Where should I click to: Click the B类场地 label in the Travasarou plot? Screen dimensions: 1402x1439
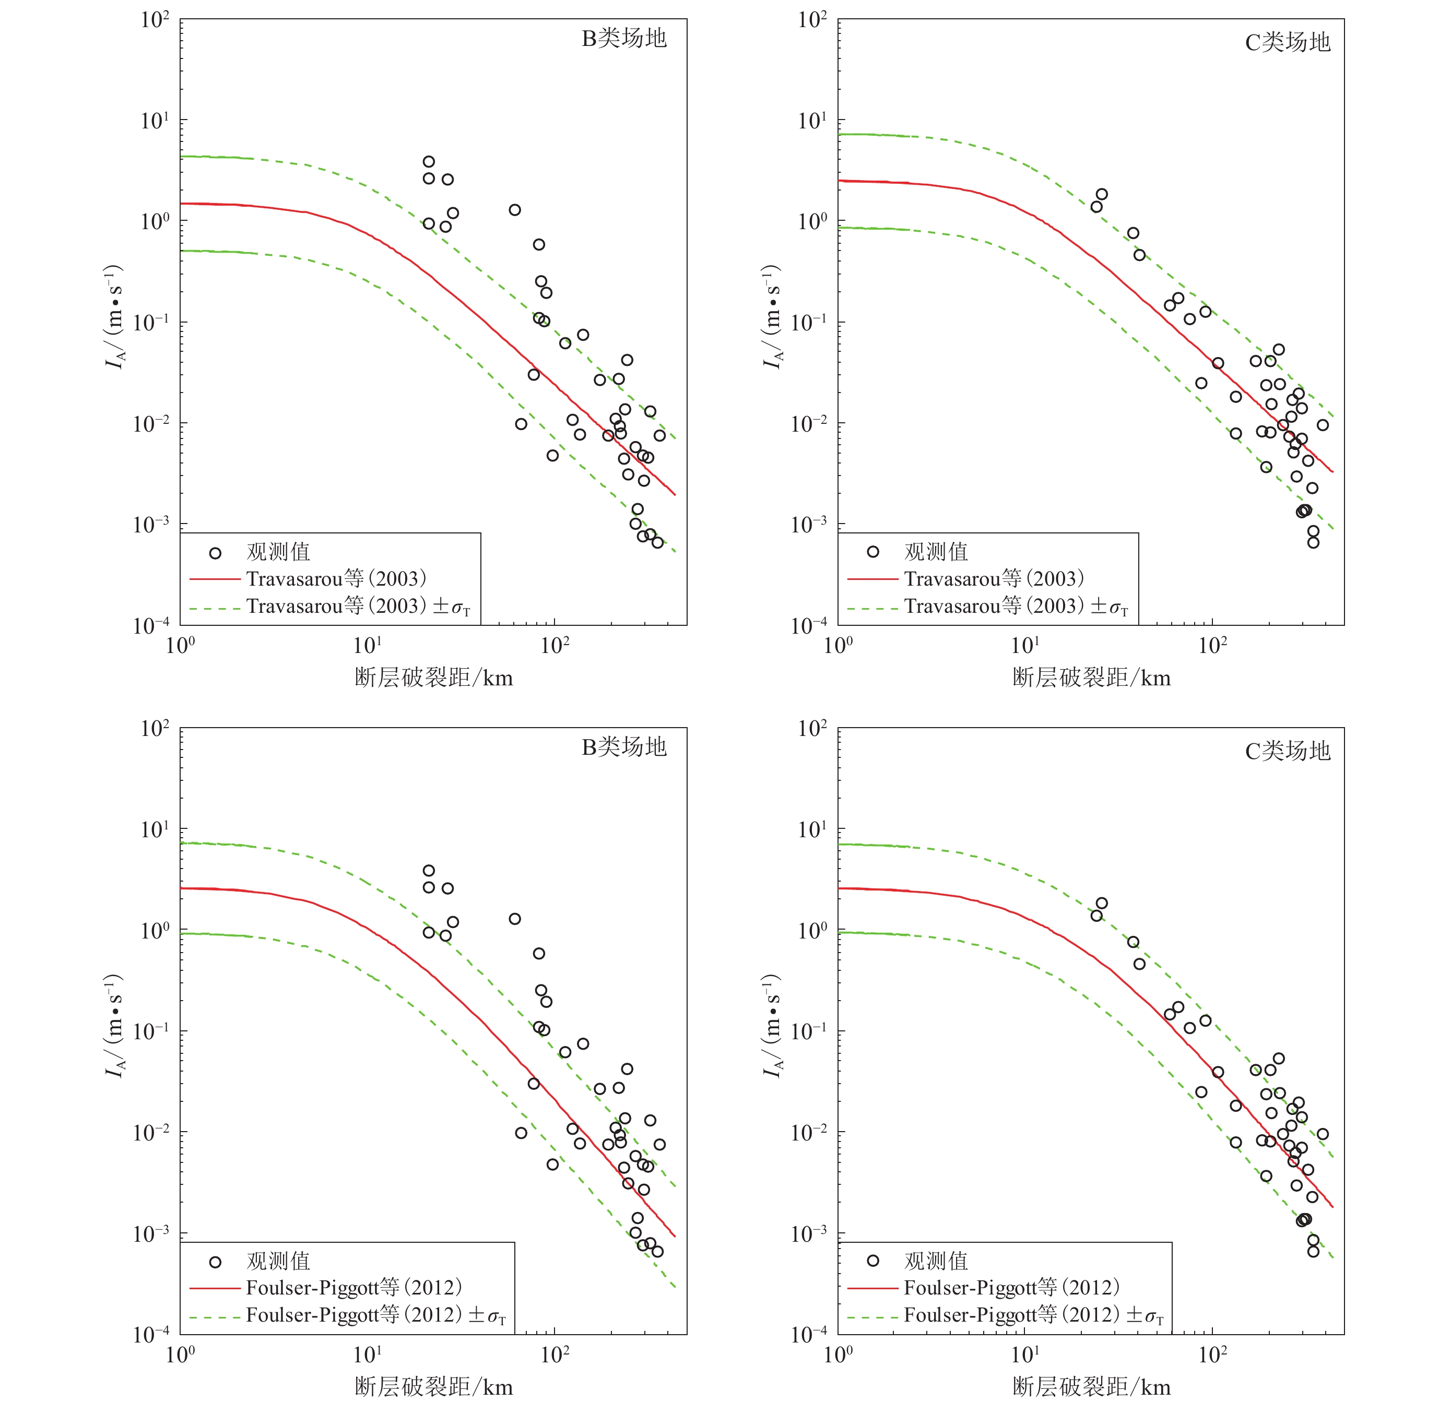[x=624, y=38]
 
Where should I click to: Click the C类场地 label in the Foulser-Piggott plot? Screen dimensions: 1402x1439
[x=1287, y=751]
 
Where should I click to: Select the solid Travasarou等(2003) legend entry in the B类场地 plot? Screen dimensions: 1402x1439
[x=336, y=579]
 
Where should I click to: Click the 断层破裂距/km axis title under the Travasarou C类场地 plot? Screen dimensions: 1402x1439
[x=1091, y=678]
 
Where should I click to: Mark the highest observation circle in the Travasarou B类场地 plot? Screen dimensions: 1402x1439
[x=429, y=162]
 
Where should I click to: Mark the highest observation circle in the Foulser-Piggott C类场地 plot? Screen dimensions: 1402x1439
[x=1102, y=904]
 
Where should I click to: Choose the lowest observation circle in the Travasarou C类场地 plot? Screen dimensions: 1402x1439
[x=1313, y=543]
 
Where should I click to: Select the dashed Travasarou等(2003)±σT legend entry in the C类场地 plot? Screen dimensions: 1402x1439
[x=1016, y=607]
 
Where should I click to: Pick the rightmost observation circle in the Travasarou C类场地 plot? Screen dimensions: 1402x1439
[x=1323, y=425]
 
